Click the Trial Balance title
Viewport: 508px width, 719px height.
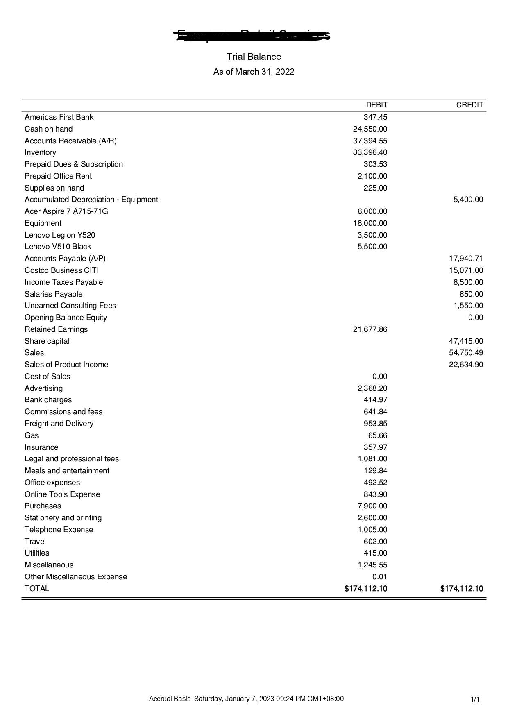pyautogui.click(x=254, y=57)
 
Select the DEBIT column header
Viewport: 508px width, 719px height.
pyautogui.click(x=376, y=105)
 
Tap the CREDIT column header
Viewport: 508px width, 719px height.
pyautogui.click(x=469, y=105)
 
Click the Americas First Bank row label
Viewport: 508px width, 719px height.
pyautogui.click(x=59, y=117)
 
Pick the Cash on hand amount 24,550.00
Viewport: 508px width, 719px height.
pyautogui.click(x=370, y=129)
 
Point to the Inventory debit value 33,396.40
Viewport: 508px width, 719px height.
pyautogui.click(x=370, y=152)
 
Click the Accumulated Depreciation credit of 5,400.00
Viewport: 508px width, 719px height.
pyautogui.click(x=468, y=200)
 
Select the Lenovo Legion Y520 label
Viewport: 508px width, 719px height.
pyautogui.click(x=60, y=235)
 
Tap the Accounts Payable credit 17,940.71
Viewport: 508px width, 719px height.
pyautogui.click(x=466, y=259)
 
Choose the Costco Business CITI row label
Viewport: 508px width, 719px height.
pyautogui.click(x=61, y=270)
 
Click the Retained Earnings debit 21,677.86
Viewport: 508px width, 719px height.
pyautogui.click(x=370, y=329)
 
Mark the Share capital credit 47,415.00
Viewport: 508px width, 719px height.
pyautogui.click(x=466, y=341)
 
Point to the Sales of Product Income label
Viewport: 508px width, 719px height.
pyautogui.click(x=66, y=365)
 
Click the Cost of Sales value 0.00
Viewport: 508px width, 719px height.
pyautogui.click(x=379, y=377)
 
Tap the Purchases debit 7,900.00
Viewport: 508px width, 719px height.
pyautogui.click(x=372, y=506)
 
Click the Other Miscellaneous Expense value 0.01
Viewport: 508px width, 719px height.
pyautogui.click(x=379, y=577)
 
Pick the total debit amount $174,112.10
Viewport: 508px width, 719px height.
pyautogui.click(x=366, y=589)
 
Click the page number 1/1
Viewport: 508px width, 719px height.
pyautogui.click(x=475, y=699)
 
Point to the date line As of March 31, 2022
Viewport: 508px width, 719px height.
pyautogui.click(x=254, y=72)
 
